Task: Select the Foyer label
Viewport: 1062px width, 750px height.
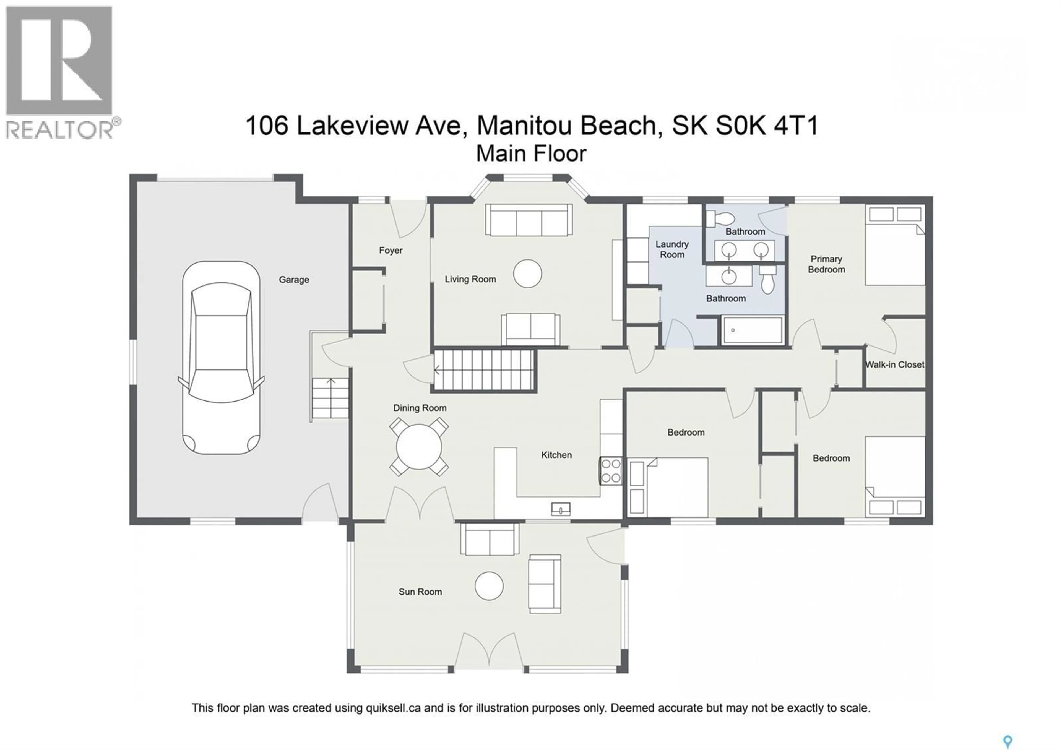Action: coord(391,251)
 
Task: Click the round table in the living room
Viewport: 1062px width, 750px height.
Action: coord(527,274)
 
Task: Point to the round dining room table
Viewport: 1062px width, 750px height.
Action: coord(419,447)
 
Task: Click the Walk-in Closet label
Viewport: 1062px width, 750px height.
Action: coord(895,365)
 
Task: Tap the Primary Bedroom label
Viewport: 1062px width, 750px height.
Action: coord(826,264)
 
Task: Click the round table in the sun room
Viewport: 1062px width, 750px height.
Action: coord(489,586)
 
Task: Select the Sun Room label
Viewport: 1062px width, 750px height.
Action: coord(420,592)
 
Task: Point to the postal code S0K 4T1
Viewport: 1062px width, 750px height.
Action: coord(767,125)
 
